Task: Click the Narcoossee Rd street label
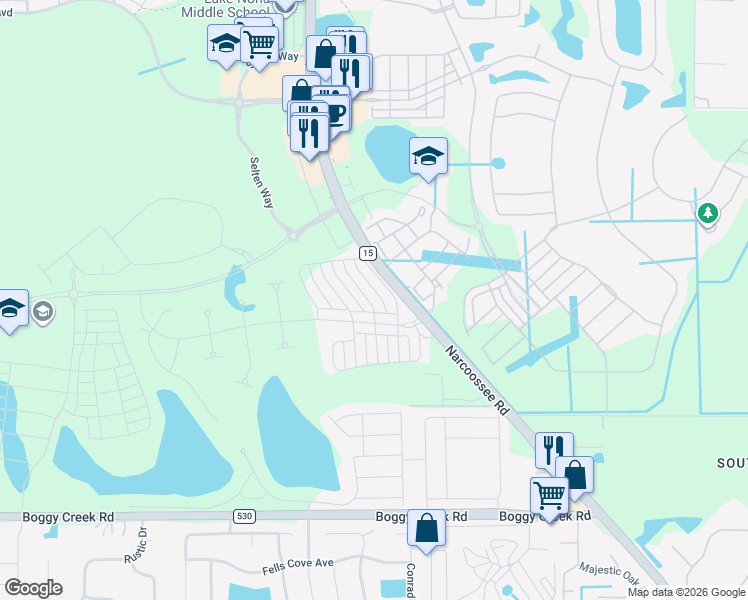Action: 478,381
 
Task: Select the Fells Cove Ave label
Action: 297,564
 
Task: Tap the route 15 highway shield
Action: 368,254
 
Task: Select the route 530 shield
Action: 243,516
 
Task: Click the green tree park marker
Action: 708,213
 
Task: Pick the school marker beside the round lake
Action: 428,156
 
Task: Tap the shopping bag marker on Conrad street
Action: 426,527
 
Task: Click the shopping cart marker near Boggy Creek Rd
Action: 549,494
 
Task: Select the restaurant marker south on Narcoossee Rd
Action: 553,449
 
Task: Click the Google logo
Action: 34,587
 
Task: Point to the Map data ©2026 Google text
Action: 686,592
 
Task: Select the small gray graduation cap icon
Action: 42,313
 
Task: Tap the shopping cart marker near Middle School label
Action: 260,43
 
